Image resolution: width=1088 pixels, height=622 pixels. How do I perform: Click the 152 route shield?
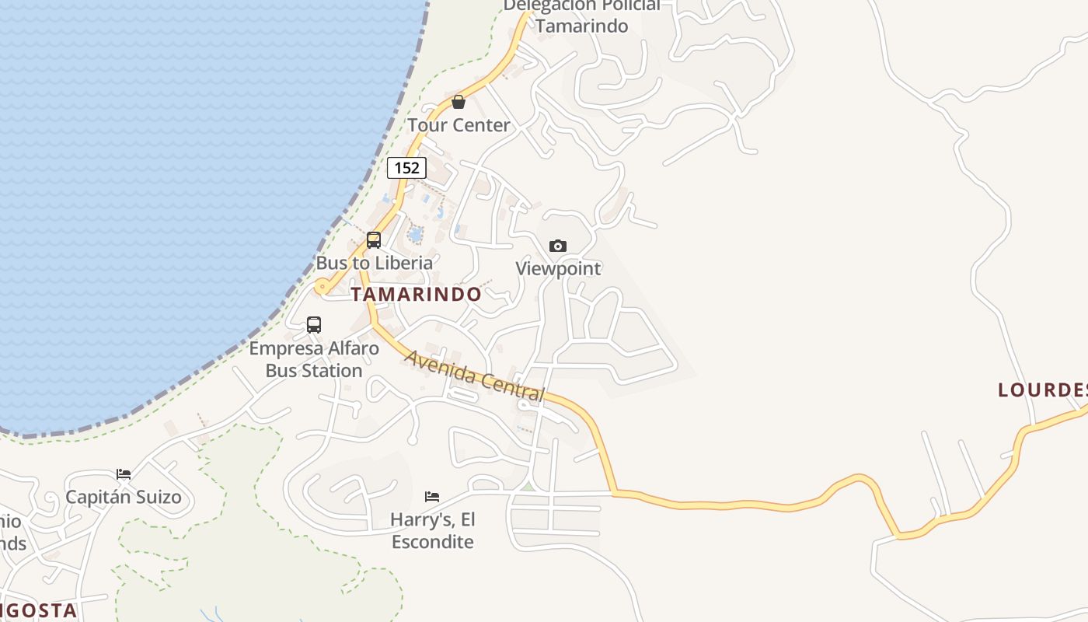click(406, 167)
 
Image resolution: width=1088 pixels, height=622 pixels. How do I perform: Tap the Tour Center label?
click(459, 125)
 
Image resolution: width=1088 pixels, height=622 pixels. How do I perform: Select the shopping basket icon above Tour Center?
click(459, 102)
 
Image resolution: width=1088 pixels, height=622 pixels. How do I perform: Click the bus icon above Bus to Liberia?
click(374, 239)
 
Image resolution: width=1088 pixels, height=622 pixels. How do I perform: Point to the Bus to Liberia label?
click(374, 263)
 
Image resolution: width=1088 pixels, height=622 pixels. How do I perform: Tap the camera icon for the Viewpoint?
click(558, 246)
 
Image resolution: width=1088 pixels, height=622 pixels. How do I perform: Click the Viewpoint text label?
click(558, 269)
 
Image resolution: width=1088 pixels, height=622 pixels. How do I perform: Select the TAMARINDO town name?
click(416, 295)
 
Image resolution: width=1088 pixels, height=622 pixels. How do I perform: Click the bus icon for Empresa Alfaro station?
click(314, 325)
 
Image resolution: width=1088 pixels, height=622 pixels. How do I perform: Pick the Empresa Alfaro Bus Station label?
click(314, 359)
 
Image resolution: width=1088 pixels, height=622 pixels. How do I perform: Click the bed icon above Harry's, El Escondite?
click(432, 496)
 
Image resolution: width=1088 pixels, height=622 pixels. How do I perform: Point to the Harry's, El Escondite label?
click(433, 530)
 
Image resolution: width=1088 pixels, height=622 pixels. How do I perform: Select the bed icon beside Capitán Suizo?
click(124, 474)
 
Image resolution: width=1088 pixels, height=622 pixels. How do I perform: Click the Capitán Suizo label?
click(124, 498)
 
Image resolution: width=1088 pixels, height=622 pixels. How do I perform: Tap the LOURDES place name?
click(1042, 390)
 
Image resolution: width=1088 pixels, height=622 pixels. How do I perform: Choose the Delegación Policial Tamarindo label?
click(581, 16)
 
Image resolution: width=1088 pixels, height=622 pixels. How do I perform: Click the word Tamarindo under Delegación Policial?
click(581, 26)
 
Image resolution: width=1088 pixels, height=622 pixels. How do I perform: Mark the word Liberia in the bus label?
click(403, 263)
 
